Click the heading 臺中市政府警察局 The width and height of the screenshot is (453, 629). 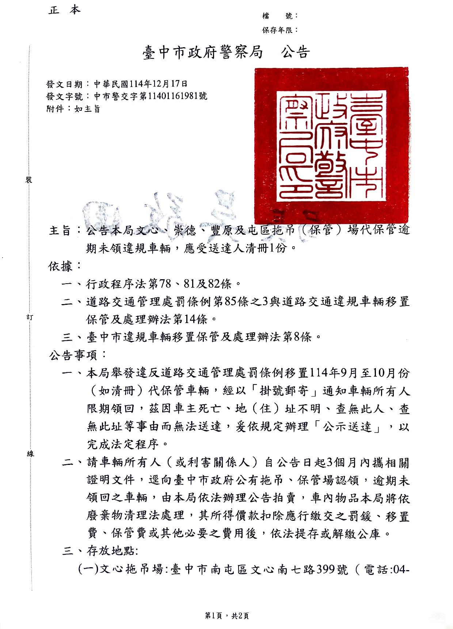tap(202, 53)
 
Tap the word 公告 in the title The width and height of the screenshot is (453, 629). tap(295, 53)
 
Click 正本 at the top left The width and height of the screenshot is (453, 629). tap(64, 10)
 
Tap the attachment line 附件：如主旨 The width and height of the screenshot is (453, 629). tap(73, 109)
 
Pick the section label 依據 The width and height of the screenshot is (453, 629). tap(61, 266)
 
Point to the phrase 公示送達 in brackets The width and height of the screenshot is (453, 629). tap(347, 427)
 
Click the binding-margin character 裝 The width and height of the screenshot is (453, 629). tap(29, 180)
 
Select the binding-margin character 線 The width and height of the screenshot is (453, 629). tap(30, 454)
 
